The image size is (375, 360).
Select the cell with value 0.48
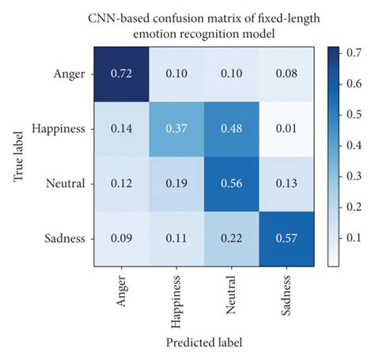[229, 128]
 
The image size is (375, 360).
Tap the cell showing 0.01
[282, 128]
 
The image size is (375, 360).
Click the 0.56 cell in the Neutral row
[229, 182]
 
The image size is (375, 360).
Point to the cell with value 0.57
[282, 236]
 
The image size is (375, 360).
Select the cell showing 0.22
[229, 236]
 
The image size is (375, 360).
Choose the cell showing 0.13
[282, 182]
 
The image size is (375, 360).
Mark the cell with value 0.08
[282, 73]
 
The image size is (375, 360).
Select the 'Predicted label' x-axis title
[204, 343]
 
